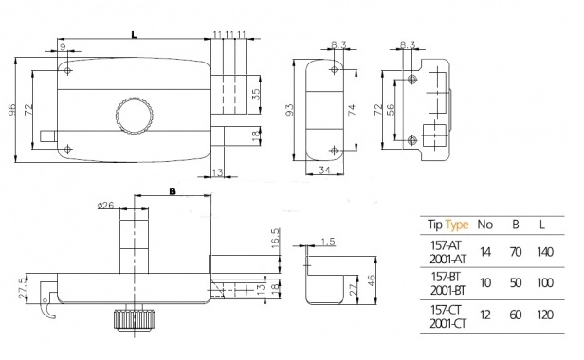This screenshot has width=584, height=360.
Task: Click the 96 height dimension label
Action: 12,110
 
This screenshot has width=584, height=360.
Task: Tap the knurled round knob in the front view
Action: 134,117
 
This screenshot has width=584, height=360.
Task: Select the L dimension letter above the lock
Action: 134,34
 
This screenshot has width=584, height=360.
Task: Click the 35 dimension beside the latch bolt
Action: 256,94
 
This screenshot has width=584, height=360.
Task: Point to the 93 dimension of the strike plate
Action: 289,110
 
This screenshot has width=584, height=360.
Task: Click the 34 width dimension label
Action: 324,170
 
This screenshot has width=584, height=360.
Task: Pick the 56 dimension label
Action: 391,109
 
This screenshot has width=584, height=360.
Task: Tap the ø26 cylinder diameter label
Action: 106,206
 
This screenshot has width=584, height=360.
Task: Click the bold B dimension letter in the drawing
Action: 173,191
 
